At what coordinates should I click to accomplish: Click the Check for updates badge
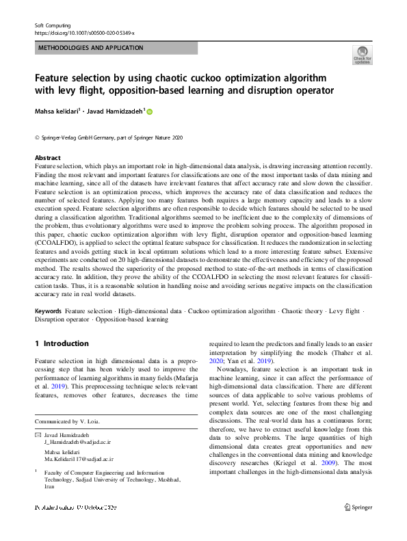pyautogui.click(x=362, y=55)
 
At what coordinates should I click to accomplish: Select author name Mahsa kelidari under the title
pyautogui.click(x=57, y=111)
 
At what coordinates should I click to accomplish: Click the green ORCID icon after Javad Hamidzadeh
pyautogui.click(x=150, y=111)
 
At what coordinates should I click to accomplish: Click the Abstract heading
pyautogui.click(x=48, y=157)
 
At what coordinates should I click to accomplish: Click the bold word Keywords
pyautogui.click(x=48, y=311)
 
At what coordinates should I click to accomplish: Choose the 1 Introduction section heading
pyautogui.click(x=62, y=343)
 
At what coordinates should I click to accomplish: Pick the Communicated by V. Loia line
pyautogui.click(x=67, y=421)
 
